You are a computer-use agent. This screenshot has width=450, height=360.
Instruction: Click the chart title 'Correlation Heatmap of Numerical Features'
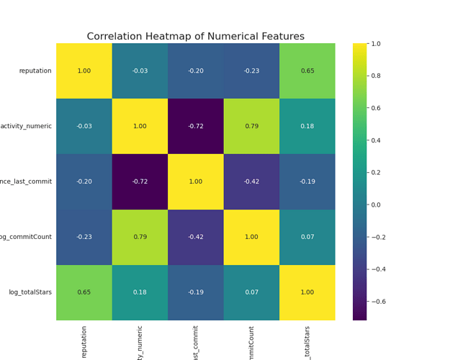pos(195,37)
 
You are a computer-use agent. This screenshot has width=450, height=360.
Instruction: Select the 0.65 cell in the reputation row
pos(307,71)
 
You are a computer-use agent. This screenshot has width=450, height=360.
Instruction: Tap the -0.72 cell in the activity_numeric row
pos(195,126)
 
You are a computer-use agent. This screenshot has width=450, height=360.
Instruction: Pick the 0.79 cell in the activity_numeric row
pos(251,126)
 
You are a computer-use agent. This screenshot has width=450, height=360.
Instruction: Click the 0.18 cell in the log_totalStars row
pos(140,292)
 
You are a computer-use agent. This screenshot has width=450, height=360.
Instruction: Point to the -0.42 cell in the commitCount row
pos(195,237)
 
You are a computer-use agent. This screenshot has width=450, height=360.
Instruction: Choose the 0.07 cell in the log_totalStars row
pos(251,292)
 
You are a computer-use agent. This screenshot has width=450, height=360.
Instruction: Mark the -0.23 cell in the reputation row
pos(251,71)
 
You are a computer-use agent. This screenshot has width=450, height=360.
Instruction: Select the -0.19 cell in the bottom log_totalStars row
pos(195,292)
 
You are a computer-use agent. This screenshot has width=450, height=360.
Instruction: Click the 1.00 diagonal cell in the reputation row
pos(84,71)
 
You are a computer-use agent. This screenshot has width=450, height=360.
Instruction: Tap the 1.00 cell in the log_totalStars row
pos(307,292)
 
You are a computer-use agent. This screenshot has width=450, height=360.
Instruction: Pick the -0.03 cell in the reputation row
pos(140,71)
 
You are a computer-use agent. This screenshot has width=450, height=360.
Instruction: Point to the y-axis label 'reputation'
pos(35,71)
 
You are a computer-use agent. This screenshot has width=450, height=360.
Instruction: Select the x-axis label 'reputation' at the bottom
pos(84,341)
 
